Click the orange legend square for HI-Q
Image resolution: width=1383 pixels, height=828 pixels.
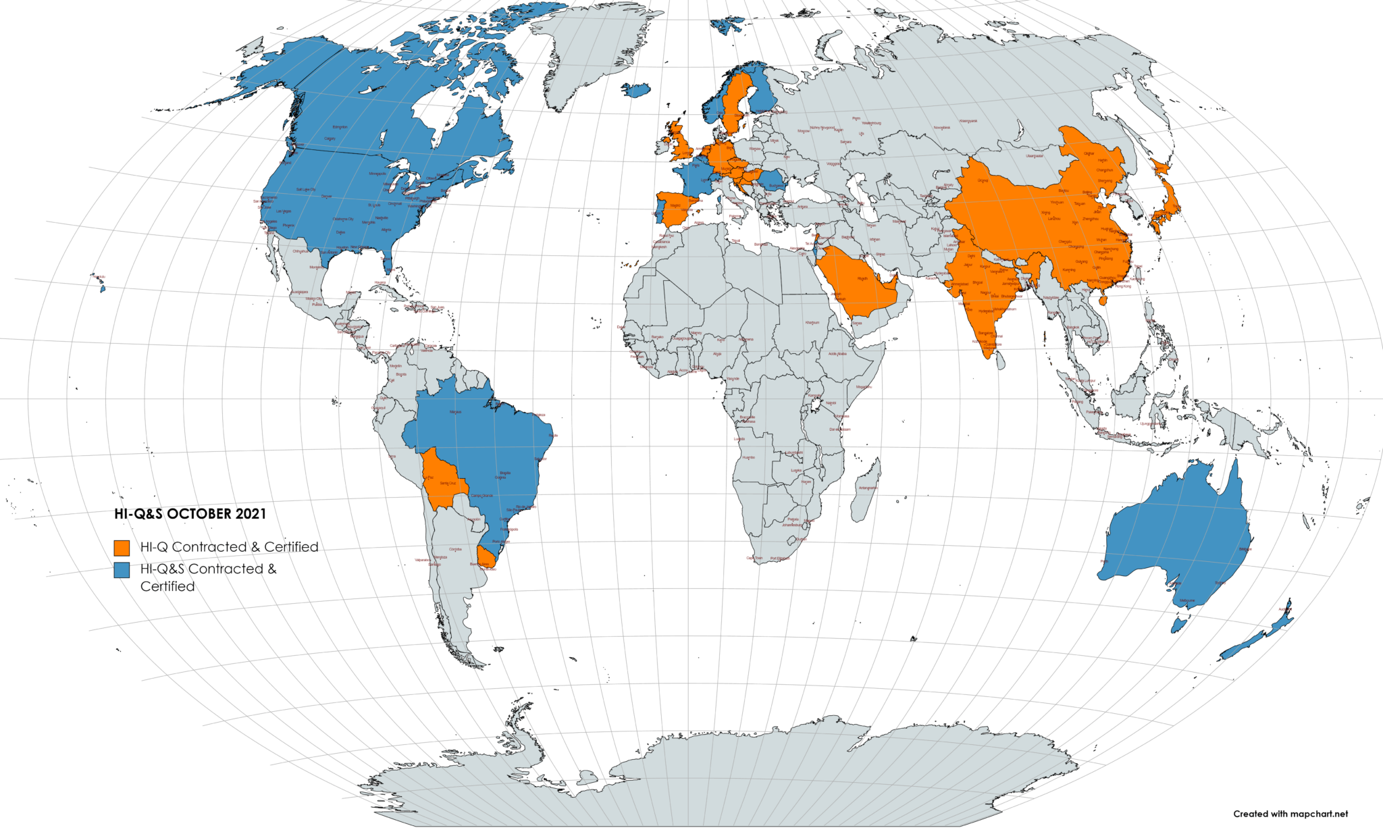pos(122,547)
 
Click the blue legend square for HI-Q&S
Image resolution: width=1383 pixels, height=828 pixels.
pos(122,569)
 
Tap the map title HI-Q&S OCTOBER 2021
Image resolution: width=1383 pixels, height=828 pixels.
pos(190,514)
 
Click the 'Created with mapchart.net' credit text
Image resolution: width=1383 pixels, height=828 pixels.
pos(1290,814)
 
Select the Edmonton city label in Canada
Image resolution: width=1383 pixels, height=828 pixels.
pos(340,127)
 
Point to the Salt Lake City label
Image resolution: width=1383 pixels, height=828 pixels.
pos(306,190)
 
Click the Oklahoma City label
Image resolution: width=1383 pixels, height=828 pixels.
pos(343,219)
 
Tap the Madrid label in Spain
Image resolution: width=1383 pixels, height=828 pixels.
pos(675,205)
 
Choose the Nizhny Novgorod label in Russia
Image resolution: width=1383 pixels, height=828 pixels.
pos(823,128)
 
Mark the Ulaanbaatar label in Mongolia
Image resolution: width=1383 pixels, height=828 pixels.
pos(1035,156)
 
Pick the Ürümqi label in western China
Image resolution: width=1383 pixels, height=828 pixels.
pos(983,180)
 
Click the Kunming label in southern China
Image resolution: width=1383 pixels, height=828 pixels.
pos(1069,270)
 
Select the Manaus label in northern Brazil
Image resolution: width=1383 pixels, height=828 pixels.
pos(456,411)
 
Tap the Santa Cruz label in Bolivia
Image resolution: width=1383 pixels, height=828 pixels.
pos(448,484)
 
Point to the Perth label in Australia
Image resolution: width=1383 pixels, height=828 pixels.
pos(1105,561)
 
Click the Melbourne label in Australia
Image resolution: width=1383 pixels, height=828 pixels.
pos(1187,600)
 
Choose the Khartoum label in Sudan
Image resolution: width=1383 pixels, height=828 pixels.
pos(812,323)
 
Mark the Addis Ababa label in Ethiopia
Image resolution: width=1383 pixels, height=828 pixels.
pos(837,354)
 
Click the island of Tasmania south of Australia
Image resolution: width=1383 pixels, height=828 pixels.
pos(1179,624)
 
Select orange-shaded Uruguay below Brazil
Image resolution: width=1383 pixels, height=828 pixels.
pos(488,556)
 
